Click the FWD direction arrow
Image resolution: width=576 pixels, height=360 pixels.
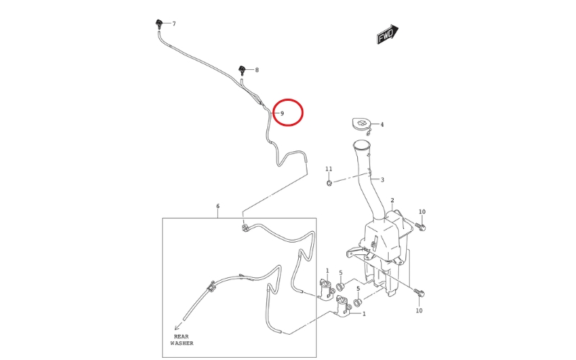tap(387, 34)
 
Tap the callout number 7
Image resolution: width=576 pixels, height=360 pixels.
tap(174, 24)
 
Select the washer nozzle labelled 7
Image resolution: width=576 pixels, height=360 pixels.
tap(159, 24)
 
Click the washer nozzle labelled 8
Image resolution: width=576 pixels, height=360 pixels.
tap(243, 70)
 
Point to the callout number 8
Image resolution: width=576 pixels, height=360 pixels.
tap(257, 70)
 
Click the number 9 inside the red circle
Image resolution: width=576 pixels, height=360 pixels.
tap(282, 114)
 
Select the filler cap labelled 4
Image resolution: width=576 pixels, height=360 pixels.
tap(361, 123)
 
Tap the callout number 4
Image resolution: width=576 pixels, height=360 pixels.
tap(382, 125)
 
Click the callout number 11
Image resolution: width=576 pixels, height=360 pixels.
tap(329, 169)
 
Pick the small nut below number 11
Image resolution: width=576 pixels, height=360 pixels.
tap(329, 183)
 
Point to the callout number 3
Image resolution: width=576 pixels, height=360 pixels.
tap(382, 180)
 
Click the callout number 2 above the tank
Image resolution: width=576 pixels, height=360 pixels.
tap(392, 200)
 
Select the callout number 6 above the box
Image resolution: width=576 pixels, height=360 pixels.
tap(218, 206)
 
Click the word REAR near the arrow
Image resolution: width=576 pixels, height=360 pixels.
tap(181, 336)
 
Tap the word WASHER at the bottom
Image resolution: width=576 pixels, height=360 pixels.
tap(182, 343)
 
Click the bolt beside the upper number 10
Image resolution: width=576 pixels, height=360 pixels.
tap(420, 226)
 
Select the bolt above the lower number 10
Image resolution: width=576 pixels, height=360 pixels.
tap(419, 293)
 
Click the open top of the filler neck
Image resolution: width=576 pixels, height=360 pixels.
tap(361, 145)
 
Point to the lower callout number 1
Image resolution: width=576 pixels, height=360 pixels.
tap(364, 314)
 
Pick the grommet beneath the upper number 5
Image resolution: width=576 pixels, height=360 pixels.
tap(340, 286)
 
